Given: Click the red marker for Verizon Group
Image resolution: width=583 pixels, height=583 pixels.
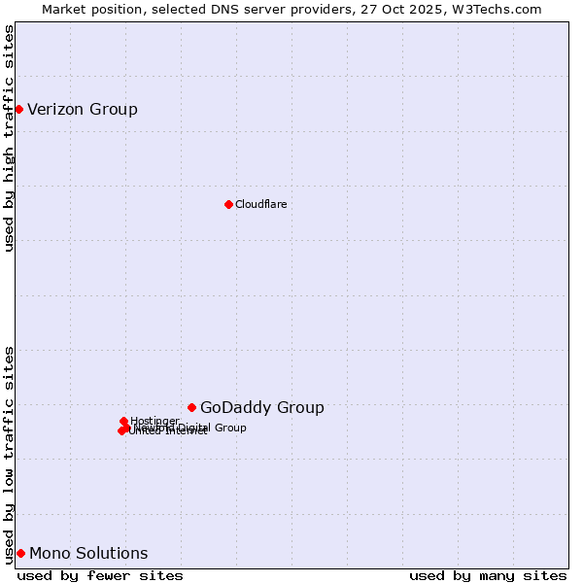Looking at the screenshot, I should tap(18, 109).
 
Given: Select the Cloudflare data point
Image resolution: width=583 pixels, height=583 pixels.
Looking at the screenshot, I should tap(228, 204).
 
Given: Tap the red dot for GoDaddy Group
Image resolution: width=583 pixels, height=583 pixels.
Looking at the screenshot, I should tap(191, 407).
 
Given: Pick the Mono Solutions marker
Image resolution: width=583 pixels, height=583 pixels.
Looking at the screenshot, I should tap(20, 553).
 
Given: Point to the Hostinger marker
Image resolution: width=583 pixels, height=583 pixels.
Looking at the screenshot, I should tap(123, 421).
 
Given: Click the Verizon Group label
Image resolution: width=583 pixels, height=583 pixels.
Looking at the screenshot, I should tap(83, 109).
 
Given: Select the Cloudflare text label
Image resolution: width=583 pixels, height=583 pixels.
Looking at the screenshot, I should tap(260, 204).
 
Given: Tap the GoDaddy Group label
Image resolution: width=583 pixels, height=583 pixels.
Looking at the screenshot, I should tap(262, 408).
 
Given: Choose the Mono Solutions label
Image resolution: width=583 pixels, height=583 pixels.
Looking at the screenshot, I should tap(88, 554).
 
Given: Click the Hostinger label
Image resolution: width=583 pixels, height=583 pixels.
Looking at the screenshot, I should tap(154, 421).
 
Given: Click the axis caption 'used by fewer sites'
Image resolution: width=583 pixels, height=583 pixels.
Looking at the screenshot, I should tap(100, 575).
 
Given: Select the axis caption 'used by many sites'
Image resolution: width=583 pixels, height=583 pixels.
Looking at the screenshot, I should tap(488, 575).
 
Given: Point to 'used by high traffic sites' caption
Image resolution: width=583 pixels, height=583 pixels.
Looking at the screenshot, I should tap(9, 138).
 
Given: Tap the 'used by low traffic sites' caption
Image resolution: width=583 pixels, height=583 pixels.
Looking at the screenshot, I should tap(9, 454).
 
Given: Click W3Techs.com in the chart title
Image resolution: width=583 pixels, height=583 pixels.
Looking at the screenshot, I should tap(500, 9).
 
